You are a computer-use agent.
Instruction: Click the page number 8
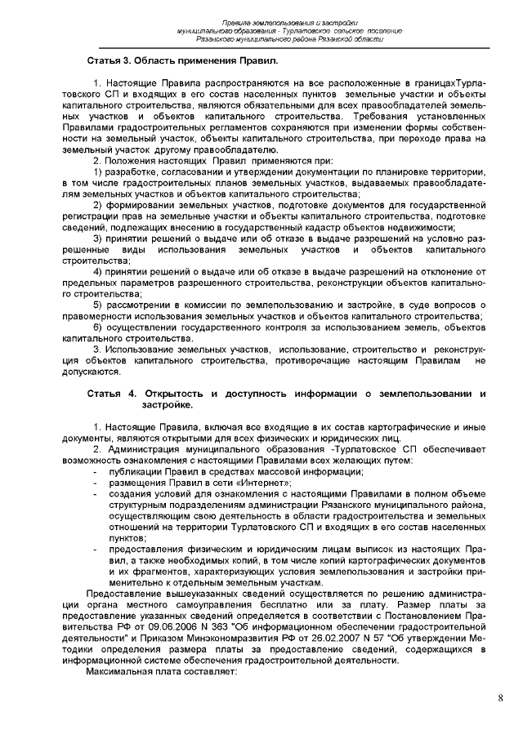pos(500,697)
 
